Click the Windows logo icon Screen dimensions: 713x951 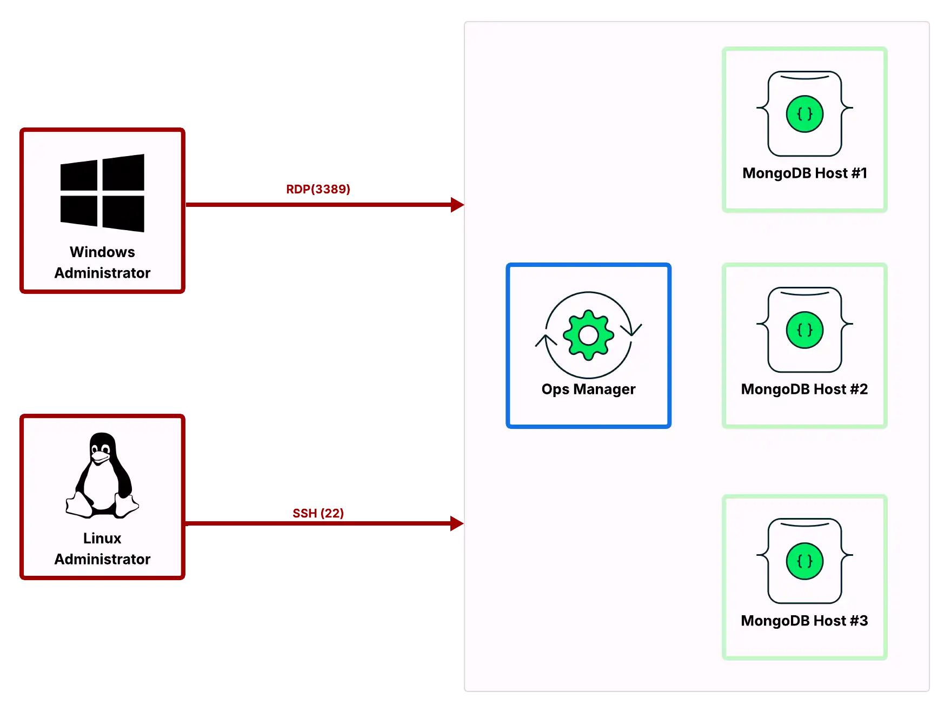[x=102, y=193]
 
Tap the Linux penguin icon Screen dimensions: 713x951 [x=102, y=475]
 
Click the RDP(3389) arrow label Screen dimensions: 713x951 [x=318, y=189]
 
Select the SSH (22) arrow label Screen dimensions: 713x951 [x=318, y=513]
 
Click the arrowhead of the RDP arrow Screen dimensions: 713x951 [x=457, y=205]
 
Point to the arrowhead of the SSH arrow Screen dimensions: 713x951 [x=457, y=523]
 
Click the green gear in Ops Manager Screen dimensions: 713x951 [x=588, y=335]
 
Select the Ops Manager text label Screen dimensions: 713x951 [x=588, y=389]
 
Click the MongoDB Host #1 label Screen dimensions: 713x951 [x=804, y=173]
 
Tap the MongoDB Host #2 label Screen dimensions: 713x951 [x=804, y=389]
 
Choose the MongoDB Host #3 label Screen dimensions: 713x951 [x=804, y=621]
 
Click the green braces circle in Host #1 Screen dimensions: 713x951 [x=804, y=114]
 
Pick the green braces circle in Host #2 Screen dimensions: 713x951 [x=804, y=330]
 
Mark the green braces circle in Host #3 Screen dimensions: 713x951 [x=804, y=561]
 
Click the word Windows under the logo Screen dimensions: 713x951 [x=102, y=252]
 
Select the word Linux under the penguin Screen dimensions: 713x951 [x=102, y=538]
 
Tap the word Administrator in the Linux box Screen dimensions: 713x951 [x=102, y=559]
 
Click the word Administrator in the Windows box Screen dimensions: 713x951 [x=102, y=273]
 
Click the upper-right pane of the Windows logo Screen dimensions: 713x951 [x=123, y=172]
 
